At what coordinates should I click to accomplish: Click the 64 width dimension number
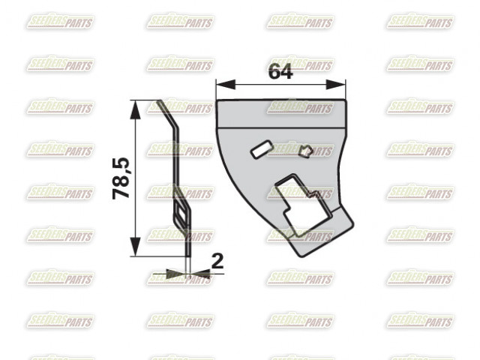click(280, 72)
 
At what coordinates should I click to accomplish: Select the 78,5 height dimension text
click(121, 178)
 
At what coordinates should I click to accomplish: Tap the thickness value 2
click(217, 261)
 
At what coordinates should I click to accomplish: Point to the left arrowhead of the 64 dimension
click(226, 85)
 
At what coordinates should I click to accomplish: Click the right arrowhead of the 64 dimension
click(336, 85)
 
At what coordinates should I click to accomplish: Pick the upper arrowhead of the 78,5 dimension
click(135, 109)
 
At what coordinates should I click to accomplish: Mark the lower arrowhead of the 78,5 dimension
click(135, 247)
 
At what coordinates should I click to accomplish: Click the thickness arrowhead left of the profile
click(176, 274)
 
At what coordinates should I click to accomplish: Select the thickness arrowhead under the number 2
click(200, 274)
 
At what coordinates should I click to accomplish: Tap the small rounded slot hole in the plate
click(262, 148)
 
